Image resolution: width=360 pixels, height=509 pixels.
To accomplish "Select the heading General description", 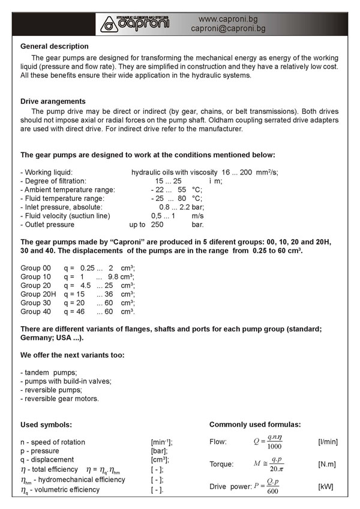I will tap(55, 46).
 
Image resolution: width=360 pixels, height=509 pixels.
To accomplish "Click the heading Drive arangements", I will tap(53, 101).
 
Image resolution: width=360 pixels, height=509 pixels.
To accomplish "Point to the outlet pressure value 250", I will tap(158, 225).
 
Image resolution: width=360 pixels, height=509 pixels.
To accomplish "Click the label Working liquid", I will tap(47, 172).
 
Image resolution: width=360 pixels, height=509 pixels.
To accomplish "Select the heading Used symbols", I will tap(46, 424).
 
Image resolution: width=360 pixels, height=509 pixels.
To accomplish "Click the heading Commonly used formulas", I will tap(255, 424).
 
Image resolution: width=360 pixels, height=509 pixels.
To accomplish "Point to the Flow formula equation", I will tap(268, 442).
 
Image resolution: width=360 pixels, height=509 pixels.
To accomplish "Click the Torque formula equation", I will tap(268, 464).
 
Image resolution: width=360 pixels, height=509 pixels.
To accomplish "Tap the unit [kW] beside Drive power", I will tap(326, 487).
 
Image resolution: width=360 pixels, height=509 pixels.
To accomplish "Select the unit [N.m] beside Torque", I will tap(327, 464).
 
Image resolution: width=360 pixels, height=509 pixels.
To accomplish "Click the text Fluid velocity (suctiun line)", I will tap(65, 216).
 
